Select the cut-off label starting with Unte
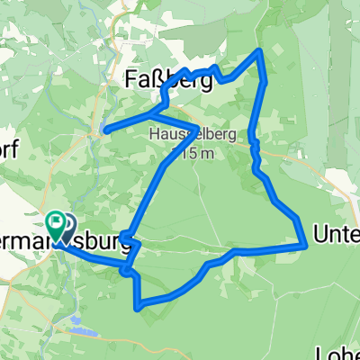[335, 236]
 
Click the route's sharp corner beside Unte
[301, 243]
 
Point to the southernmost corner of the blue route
[138, 308]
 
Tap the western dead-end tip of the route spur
[105, 131]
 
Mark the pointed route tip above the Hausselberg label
[196, 126]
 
